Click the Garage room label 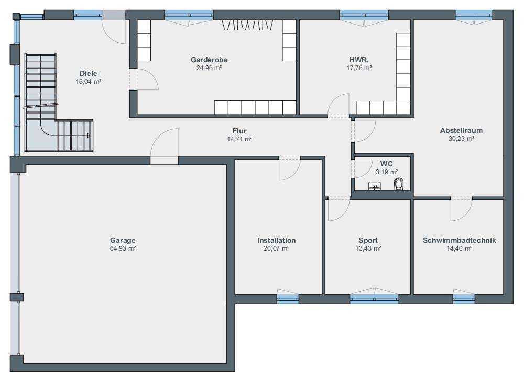click(x=123, y=240)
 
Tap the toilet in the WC click(x=399, y=184)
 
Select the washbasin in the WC click(x=375, y=186)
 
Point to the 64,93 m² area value click(x=123, y=248)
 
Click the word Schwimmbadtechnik click(x=459, y=240)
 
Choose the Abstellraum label click(x=461, y=130)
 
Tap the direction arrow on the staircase click(x=89, y=135)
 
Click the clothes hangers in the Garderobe click(x=247, y=25)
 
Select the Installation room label click(x=276, y=240)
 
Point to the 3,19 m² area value click(x=387, y=172)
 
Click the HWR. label click(x=359, y=60)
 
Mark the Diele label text click(x=88, y=73)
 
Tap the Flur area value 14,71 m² click(x=239, y=139)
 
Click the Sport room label click(x=368, y=240)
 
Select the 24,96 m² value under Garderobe click(x=209, y=68)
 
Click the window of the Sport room click(x=374, y=299)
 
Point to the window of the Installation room click(x=288, y=299)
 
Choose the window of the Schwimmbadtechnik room click(x=464, y=299)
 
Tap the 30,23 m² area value click(x=461, y=139)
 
